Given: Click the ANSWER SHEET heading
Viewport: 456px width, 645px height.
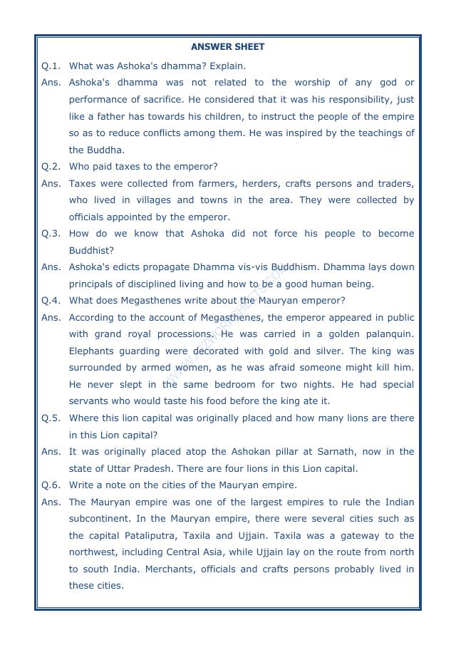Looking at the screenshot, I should point(227,47).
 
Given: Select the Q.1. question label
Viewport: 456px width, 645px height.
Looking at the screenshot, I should point(51,66).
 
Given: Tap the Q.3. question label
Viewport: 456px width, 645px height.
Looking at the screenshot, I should point(51,234).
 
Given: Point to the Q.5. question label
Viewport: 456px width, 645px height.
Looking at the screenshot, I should point(51,418).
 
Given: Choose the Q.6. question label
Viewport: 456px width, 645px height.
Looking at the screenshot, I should point(51,485).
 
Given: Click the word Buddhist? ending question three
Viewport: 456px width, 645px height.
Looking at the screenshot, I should point(91,251).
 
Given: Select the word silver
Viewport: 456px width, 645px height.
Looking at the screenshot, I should point(329,351).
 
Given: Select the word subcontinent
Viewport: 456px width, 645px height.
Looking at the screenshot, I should point(102,519).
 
